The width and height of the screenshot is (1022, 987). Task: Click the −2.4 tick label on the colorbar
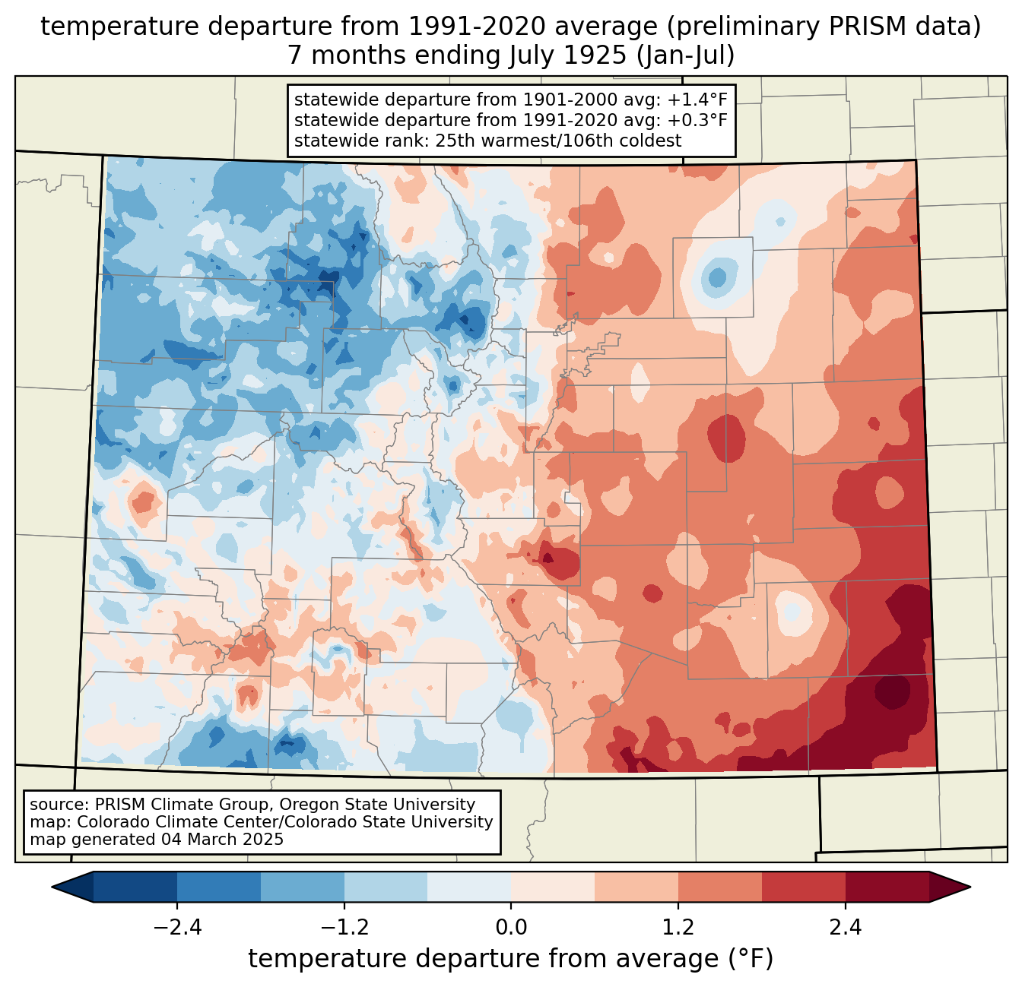(177, 928)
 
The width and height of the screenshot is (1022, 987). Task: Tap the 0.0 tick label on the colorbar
(511, 928)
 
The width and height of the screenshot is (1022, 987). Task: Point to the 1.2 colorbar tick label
(678, 928)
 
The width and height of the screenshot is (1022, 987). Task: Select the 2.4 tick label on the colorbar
(845, 928)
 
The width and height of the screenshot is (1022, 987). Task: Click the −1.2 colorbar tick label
(344, 928)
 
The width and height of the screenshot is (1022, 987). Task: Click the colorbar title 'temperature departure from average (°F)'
(511, 959)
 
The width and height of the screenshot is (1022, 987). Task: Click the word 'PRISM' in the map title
(858, 27)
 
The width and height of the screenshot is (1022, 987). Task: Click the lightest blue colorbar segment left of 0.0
(469, 887)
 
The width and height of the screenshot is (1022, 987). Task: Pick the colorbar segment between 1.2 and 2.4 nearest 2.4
(803, 887)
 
